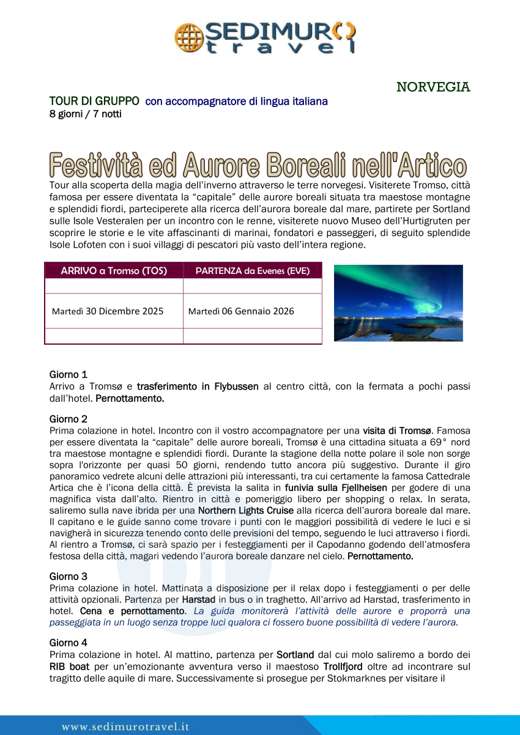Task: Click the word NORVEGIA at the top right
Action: tap(433, 87)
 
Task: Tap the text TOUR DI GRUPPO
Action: tap(94, 101)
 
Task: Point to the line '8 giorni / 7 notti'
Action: tap(85, 114)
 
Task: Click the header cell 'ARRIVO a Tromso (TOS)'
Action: tap(114, 271)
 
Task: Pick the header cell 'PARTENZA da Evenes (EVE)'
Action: tap(252, 271)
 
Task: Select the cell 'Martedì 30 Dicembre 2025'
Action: tap(108, 311)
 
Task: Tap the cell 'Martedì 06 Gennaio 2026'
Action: tap(241, 311)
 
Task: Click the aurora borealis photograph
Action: tap(398, 303)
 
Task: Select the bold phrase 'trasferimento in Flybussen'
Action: tap(198, 386)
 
